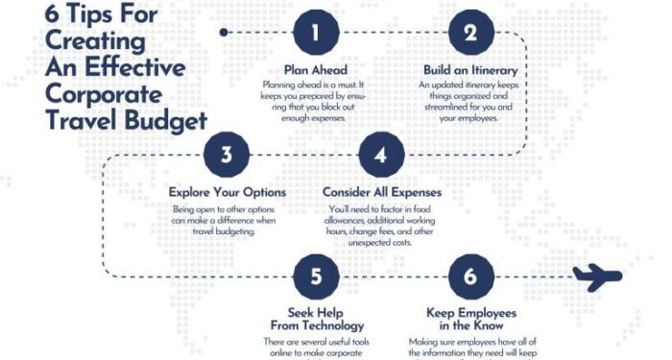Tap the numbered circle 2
469,33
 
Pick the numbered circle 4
381,155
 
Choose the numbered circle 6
469,277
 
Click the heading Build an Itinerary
469,70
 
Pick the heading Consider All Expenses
381,192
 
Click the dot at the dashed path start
224,32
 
